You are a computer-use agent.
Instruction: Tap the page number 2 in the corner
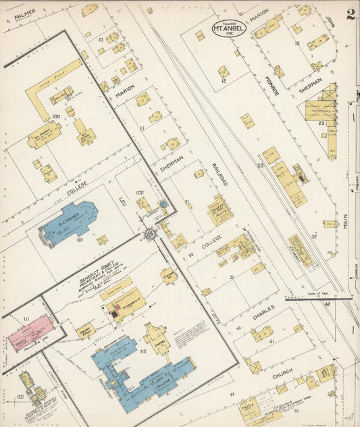click(x=351, y=15)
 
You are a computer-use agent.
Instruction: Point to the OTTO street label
click(x=220, y=317)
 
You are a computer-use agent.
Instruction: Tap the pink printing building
click(x=28, y=334)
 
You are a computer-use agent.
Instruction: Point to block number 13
click(x=297, y=44)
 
